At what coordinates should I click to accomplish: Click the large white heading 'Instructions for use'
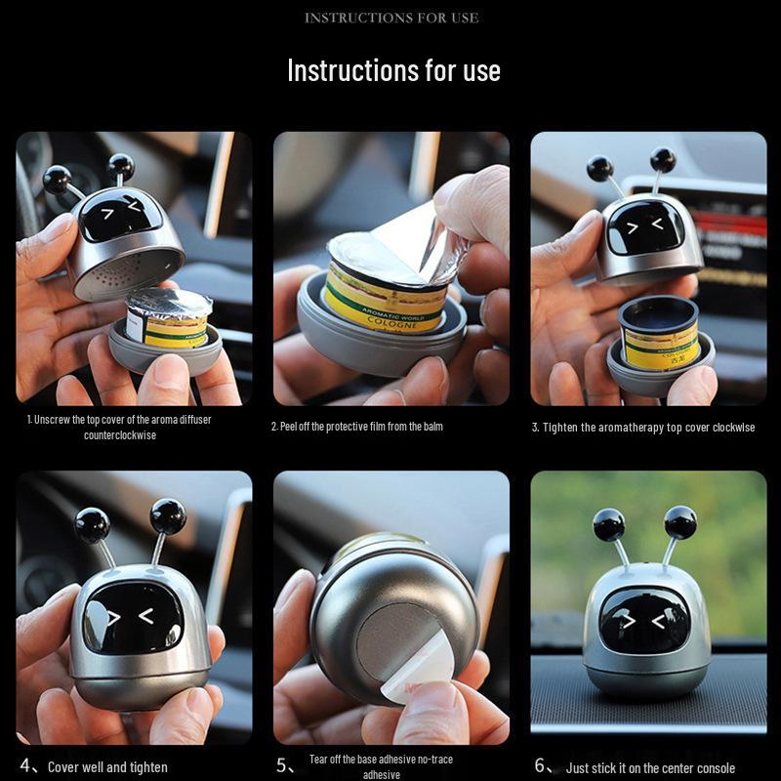tap(393, 70)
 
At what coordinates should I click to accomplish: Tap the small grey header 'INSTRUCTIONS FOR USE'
tap(390, 18)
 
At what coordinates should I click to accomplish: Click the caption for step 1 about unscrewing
tap(119, 427)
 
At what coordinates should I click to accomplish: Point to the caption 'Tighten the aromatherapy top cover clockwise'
tap(643, 428)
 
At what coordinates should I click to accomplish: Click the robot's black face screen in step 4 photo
tap(133, 617)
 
